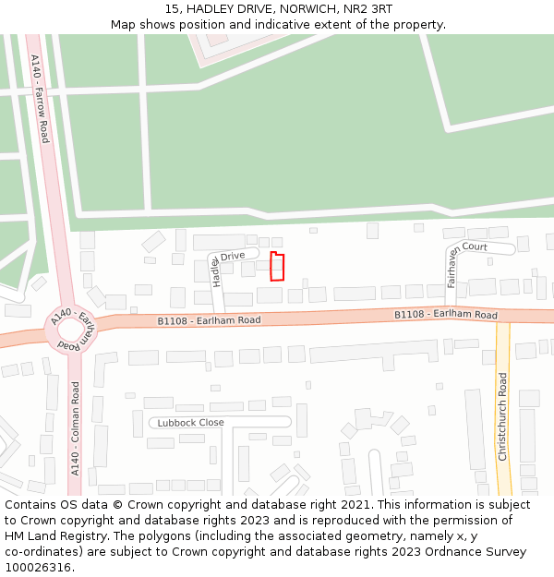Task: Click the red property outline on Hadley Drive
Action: (x=277, y=267)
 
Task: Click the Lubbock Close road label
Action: (x=190, y=423)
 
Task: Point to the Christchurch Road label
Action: (x=503, y=416)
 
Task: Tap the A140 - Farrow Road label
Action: (x=39, y=98)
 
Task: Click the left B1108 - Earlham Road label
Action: (x=209, y=320)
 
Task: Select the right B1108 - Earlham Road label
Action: (x=446, y=315)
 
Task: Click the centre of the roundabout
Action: (x=70, y=330)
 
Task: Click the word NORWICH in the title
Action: (x=290, y=9)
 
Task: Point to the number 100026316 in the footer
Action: (x=38, y=567)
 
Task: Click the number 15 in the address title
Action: (x=172, y=9)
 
